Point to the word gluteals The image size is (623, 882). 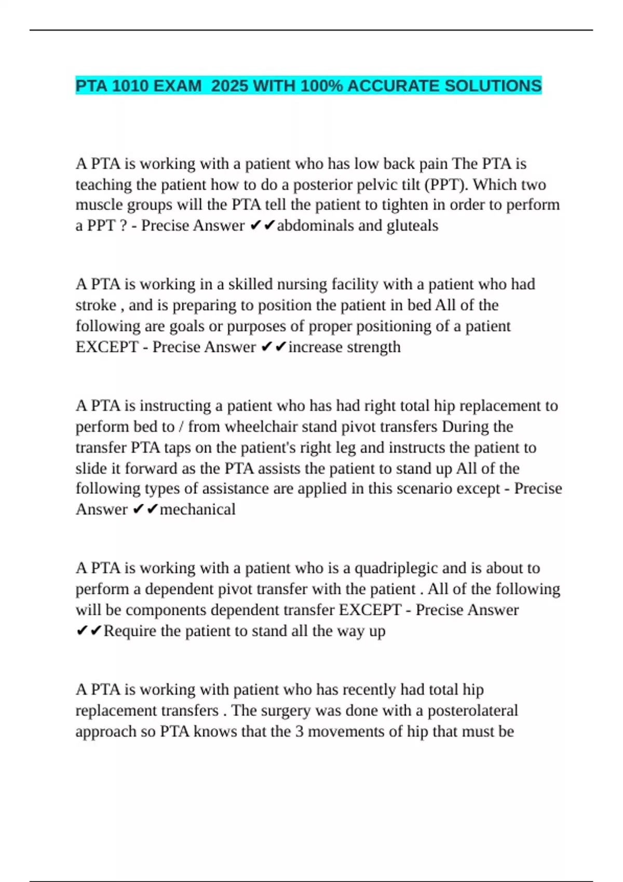[x=413, y=226]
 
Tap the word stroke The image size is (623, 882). [x=96, y=305]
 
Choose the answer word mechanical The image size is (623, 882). [x=197, y=509]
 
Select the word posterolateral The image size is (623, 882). [x=472, y=710]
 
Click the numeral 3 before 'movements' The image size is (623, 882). [x=300, y=732]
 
